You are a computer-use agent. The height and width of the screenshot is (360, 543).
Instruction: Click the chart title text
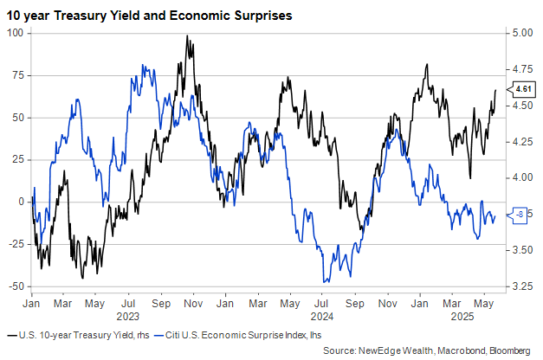tap(147, 14)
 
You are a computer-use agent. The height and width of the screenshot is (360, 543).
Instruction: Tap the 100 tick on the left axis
tap(14, 33)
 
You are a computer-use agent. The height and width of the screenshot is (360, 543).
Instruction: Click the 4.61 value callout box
tap(522, 89)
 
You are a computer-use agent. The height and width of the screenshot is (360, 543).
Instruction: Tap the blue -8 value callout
tap(520, 214)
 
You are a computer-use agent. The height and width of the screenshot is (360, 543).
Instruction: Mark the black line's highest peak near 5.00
tap(187, 36)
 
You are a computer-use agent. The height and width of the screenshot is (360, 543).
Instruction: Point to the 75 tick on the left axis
tap(16, 75)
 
